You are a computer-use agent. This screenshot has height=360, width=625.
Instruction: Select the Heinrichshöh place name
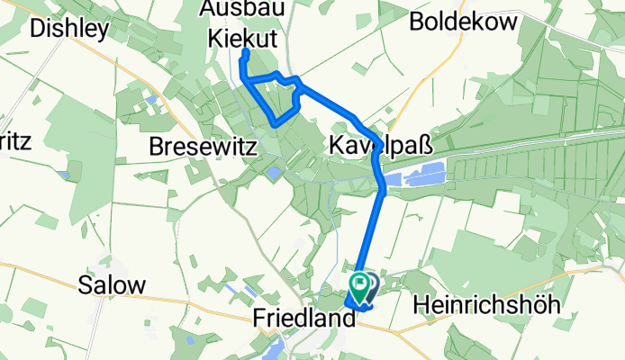click(486, 305)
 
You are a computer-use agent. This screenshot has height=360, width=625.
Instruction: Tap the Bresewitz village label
click(204, 145)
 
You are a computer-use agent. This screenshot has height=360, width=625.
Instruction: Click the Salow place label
click(112, 286)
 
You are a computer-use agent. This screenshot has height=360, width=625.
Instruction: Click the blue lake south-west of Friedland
click(274, 349)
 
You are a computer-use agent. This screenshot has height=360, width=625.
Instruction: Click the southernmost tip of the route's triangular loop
click(276, 121)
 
